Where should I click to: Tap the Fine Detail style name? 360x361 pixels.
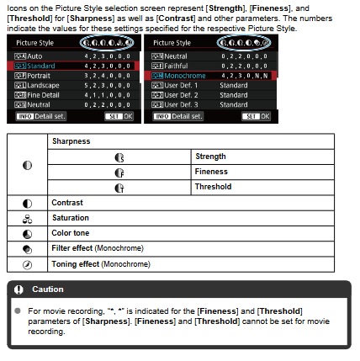[39, 95]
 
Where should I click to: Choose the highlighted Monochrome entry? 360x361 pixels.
[179, 75]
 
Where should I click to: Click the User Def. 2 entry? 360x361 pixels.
[177, 95]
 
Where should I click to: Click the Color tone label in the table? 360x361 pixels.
[71, 233]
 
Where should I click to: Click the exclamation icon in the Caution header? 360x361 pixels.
[19, 289]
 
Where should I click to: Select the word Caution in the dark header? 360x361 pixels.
[48, 289]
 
